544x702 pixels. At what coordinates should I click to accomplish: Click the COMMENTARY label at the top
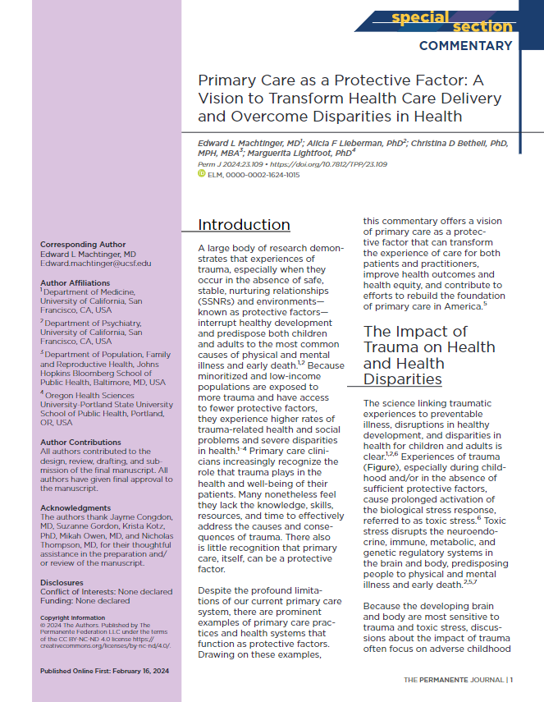coord(465,46)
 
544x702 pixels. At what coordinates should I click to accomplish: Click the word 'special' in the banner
coord(419,17)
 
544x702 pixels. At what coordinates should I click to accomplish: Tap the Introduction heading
coord(244,225)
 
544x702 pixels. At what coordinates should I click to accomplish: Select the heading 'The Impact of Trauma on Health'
coord(415,332)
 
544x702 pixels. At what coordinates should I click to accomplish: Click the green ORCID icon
coord(202,174)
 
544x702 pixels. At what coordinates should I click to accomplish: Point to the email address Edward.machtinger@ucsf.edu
coord(95,263)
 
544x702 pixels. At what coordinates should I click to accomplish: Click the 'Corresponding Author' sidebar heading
coord(83,244)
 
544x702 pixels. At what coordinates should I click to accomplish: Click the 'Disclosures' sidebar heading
coord(62,559)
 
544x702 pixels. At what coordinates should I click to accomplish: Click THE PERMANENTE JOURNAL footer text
coord(453,679)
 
